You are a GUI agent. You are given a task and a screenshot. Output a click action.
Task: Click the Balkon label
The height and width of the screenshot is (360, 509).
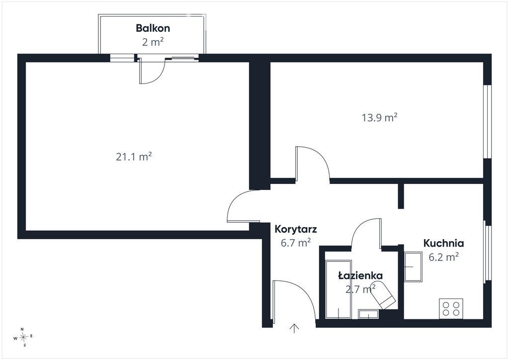153,28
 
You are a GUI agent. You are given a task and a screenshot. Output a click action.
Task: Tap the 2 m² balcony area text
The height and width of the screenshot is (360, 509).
153,42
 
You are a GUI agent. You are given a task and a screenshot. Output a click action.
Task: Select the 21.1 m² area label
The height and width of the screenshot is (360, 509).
134,157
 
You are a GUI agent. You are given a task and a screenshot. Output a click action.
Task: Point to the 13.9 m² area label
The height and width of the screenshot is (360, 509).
379,117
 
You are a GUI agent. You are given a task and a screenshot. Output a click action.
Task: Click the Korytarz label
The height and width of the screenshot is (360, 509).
296,229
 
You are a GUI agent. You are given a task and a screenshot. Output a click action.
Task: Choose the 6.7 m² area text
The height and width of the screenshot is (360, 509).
296,243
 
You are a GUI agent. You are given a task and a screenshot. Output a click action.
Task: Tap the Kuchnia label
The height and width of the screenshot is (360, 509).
443,243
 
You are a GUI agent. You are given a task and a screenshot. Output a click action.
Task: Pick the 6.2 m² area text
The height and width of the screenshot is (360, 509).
443,257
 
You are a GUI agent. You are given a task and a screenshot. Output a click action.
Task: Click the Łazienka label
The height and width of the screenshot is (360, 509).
360,275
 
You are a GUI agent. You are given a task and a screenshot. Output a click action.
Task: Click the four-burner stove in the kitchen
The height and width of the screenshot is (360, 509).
451,308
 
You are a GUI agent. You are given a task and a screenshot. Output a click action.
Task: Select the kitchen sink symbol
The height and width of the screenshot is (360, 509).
413,267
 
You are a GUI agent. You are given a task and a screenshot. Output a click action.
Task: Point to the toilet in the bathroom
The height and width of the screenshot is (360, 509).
383,295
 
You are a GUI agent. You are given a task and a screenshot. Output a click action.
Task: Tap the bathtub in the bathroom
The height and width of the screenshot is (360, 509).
339,289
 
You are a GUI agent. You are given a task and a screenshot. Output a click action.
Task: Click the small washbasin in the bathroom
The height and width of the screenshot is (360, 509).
368,314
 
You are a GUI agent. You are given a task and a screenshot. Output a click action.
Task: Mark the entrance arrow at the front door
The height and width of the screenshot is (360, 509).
294,328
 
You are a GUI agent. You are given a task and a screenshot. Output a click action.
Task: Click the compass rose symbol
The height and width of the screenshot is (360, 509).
23,337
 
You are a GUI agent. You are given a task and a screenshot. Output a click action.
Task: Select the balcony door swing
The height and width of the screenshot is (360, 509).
153,72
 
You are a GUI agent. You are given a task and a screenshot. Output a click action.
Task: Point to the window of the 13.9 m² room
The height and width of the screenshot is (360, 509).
487,122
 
